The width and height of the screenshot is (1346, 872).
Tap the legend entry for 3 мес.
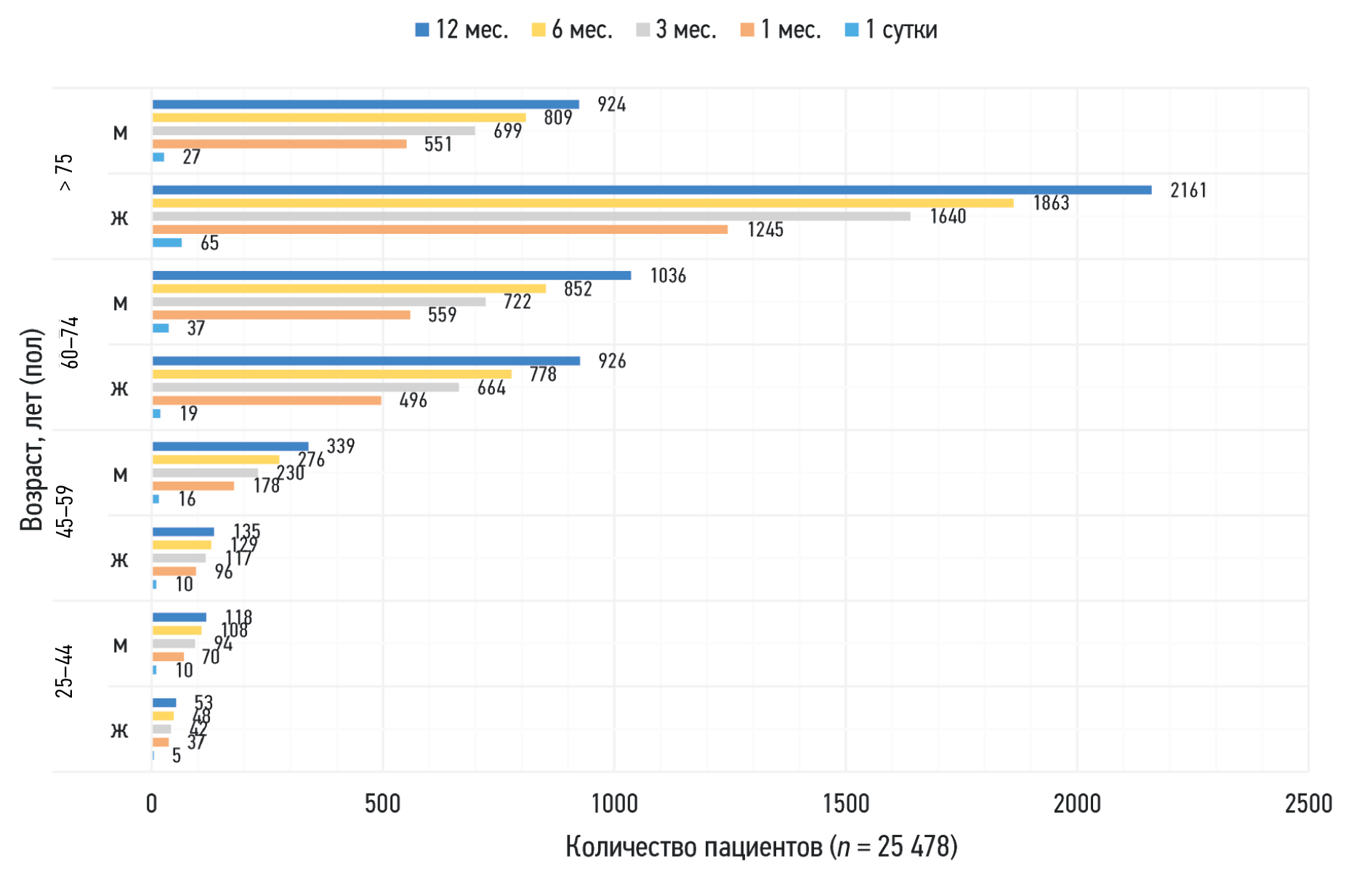[x=676, y=30]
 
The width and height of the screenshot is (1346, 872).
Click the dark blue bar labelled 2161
[x=652, y=190]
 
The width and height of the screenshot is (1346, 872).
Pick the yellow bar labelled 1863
[x=583, y=203]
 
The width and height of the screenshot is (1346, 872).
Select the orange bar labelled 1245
[x=440, y=230]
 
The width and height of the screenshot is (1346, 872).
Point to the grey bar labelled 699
[x=313, y=131]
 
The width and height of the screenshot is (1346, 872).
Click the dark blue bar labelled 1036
[x=392, y=275]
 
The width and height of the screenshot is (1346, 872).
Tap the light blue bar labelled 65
[x=167, y=243]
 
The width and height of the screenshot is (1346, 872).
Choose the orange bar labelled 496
[x=267, y=400]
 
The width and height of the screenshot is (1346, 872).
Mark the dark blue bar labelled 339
[x=230, y=446]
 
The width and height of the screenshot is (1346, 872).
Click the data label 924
[x=611, y=105]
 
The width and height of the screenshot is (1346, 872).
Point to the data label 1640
[x=948, y=217]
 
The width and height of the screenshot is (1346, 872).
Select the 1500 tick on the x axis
[x=846, y=804]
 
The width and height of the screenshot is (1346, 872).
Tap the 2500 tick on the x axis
[x=1308, y=804]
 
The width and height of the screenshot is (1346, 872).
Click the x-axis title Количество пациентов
[x=761, y=847]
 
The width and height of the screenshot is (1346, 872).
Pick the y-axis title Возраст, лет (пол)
[x=32, y=430]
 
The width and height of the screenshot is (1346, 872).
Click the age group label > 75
[x=65, y=173]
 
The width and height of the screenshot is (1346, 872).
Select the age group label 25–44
[x=65, y=671]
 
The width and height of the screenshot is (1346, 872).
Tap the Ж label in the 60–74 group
[x=120, y=389]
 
